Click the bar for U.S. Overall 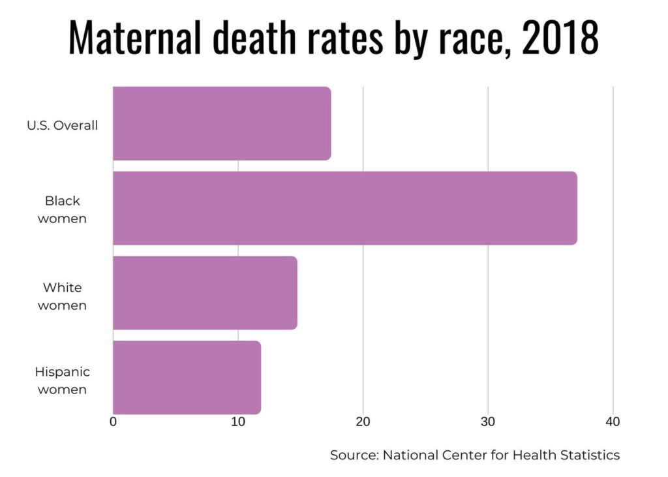coord(222,123)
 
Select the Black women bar coord(344,208)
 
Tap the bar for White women coord(205,293)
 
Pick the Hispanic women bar coord(187,377)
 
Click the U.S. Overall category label coord(63,125)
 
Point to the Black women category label coord(63,209)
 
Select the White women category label coord(63,296)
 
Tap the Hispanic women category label coord(63,380)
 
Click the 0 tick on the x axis coord(114,422)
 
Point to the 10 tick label coord(238,422)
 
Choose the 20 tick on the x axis coord(363,422)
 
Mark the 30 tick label coord(488,422)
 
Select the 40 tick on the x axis coord(613,422)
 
